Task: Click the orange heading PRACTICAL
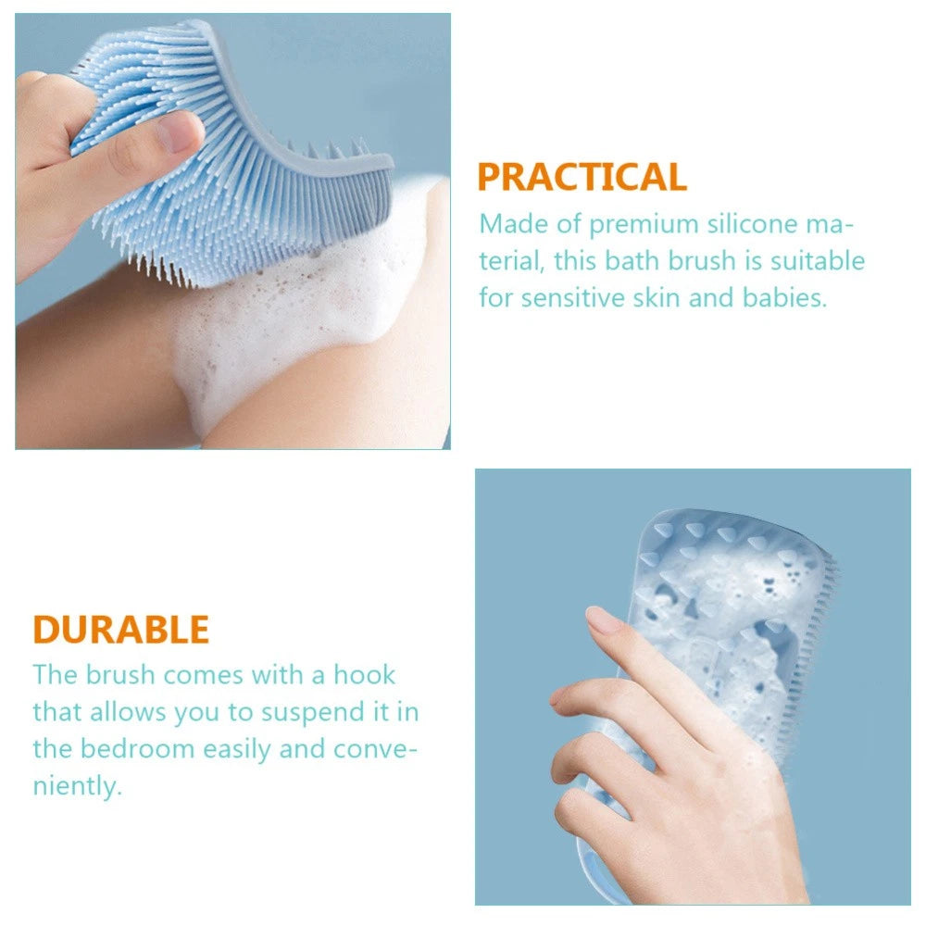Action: tap(582, 177)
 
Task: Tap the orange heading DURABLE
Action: tap(121, 630)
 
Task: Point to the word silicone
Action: tap(752, 224)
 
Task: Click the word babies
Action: tap(784, 297)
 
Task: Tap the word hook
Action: tap(364, 674)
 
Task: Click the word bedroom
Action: tap(137, 749)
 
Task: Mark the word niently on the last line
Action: tap(78, 787)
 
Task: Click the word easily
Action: tap(237, 750)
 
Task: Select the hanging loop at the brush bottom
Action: tap(596, 880)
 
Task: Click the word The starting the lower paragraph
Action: tap(55, 674)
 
